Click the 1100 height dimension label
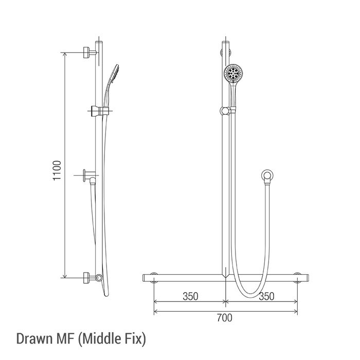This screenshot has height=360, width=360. [x=57, y=170]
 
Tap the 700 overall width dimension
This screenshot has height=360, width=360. [x=225, y=318]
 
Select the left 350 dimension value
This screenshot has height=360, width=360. [x=190, y=296]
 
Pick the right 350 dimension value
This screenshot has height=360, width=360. [x=266, y=296]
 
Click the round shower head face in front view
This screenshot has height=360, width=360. [x=233, y=73]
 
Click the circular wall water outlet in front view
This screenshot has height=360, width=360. [x=267, y=176]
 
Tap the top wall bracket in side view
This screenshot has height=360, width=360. [x=89, y=52]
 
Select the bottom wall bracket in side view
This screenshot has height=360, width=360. [x=89, y=278]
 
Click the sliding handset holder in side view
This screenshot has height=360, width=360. [x=100, y=111]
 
